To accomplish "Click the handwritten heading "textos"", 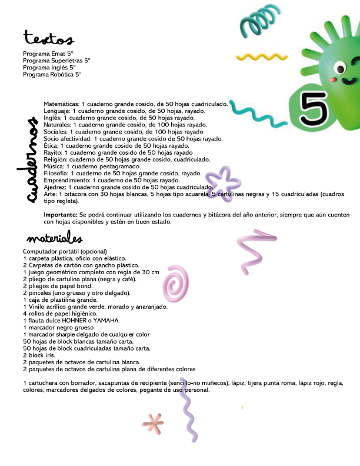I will [48, 39].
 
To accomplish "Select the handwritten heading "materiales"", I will [54, 239].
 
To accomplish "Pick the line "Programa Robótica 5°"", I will [52, 75].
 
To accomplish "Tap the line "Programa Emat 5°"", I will [48, 54].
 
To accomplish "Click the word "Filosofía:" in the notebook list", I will [56, 174].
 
